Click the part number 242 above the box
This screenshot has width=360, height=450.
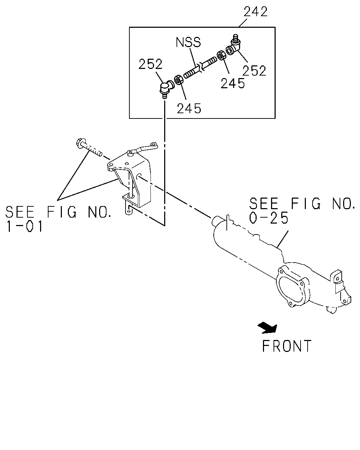[256, 12]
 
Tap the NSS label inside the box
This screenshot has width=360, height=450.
[188, 42]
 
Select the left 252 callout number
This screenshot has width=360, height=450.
[150, 64]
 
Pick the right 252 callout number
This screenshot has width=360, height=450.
[254, 71]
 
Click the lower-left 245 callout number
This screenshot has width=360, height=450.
[189, 108]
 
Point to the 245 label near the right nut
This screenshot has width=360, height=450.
[233, 83]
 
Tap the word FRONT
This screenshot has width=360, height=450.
[287, 346]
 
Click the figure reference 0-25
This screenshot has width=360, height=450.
[269, 218]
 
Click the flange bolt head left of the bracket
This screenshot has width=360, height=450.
[80, 143]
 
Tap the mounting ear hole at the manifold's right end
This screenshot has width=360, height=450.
[337, 278]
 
